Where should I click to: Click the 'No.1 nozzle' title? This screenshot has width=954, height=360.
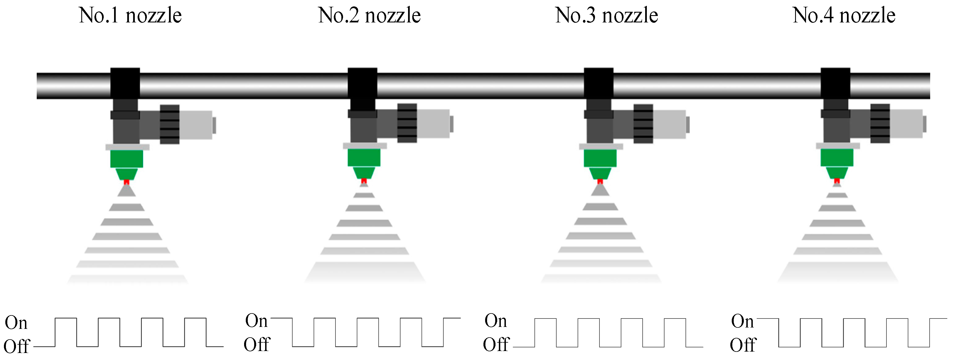(130, 15)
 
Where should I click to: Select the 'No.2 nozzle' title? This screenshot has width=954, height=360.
(369, 15)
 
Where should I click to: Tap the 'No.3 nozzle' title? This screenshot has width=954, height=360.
(606, 15)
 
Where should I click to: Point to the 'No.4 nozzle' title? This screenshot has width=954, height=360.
(844, 15)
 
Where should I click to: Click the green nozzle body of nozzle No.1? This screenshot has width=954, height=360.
(127, 159)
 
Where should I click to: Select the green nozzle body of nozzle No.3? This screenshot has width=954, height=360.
(600, 158)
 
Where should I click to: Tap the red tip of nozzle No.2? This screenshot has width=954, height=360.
(364, 181)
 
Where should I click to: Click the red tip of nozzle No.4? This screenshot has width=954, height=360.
(837, 181)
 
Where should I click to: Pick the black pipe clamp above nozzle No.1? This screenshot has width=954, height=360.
(125, 83)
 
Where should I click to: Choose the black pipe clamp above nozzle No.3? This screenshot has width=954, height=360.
(598, 83)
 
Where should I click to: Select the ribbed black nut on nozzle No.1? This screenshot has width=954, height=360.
(170, 124)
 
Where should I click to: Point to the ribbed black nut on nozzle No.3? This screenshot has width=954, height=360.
(643, 124)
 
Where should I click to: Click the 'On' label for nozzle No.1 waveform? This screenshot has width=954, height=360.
(16, 323)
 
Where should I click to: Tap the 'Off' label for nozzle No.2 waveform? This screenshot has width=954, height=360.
(257, 345)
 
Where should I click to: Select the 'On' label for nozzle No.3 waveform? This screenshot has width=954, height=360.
(495, 321)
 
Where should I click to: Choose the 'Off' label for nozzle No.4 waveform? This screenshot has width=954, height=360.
(742, 345)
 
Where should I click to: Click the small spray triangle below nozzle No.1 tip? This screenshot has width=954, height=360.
(127, 191)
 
